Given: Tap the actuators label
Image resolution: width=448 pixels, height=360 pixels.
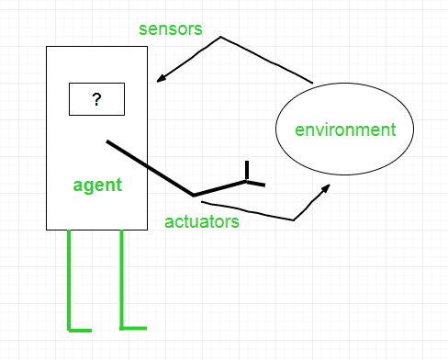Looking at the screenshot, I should (202, 221).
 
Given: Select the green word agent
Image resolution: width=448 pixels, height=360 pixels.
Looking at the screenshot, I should (97, 185).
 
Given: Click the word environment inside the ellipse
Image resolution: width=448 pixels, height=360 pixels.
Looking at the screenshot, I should (345, 129).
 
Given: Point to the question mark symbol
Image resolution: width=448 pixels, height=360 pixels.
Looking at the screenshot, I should (96, 99).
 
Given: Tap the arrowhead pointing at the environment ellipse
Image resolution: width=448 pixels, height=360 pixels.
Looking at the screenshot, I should (327, 187).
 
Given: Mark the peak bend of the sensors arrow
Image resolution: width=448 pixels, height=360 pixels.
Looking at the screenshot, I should (220, 38).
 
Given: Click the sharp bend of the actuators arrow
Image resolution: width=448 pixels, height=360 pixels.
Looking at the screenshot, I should (293, 219).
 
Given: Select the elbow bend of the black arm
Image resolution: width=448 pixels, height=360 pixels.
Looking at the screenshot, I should (194, 195).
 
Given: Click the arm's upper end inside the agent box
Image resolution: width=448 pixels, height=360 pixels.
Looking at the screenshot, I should (108, 141).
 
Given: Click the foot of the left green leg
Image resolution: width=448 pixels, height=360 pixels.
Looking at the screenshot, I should (80, 329).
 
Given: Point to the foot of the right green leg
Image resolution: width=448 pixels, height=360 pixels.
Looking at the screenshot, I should (134, 327).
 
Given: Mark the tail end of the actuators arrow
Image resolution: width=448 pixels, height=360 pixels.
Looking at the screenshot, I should (201, 201).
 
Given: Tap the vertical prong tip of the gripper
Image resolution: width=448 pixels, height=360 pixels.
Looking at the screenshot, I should (246, 163).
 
